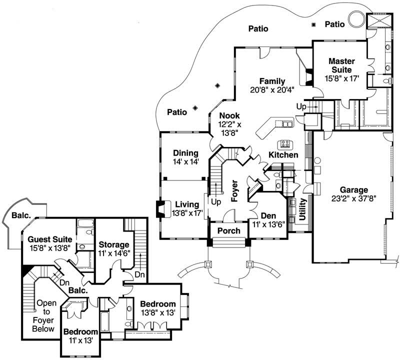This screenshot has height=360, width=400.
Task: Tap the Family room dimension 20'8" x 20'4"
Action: (272, 90)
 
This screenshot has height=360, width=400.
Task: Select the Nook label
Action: (229, 115)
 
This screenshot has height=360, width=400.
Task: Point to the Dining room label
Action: (186, 153)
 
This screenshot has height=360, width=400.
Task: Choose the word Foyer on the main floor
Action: (234, 190)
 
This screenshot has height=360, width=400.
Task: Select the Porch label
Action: (228, 231)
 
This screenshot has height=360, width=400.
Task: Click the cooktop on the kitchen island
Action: (286, 144)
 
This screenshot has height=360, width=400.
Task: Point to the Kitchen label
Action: (283, 155)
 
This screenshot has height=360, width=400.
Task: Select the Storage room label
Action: (114, 244)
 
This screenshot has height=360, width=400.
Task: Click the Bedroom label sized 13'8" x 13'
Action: (157, 304)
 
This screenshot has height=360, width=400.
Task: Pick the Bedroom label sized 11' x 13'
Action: (80, 332)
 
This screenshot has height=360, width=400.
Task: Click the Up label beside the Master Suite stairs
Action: (301, 107)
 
